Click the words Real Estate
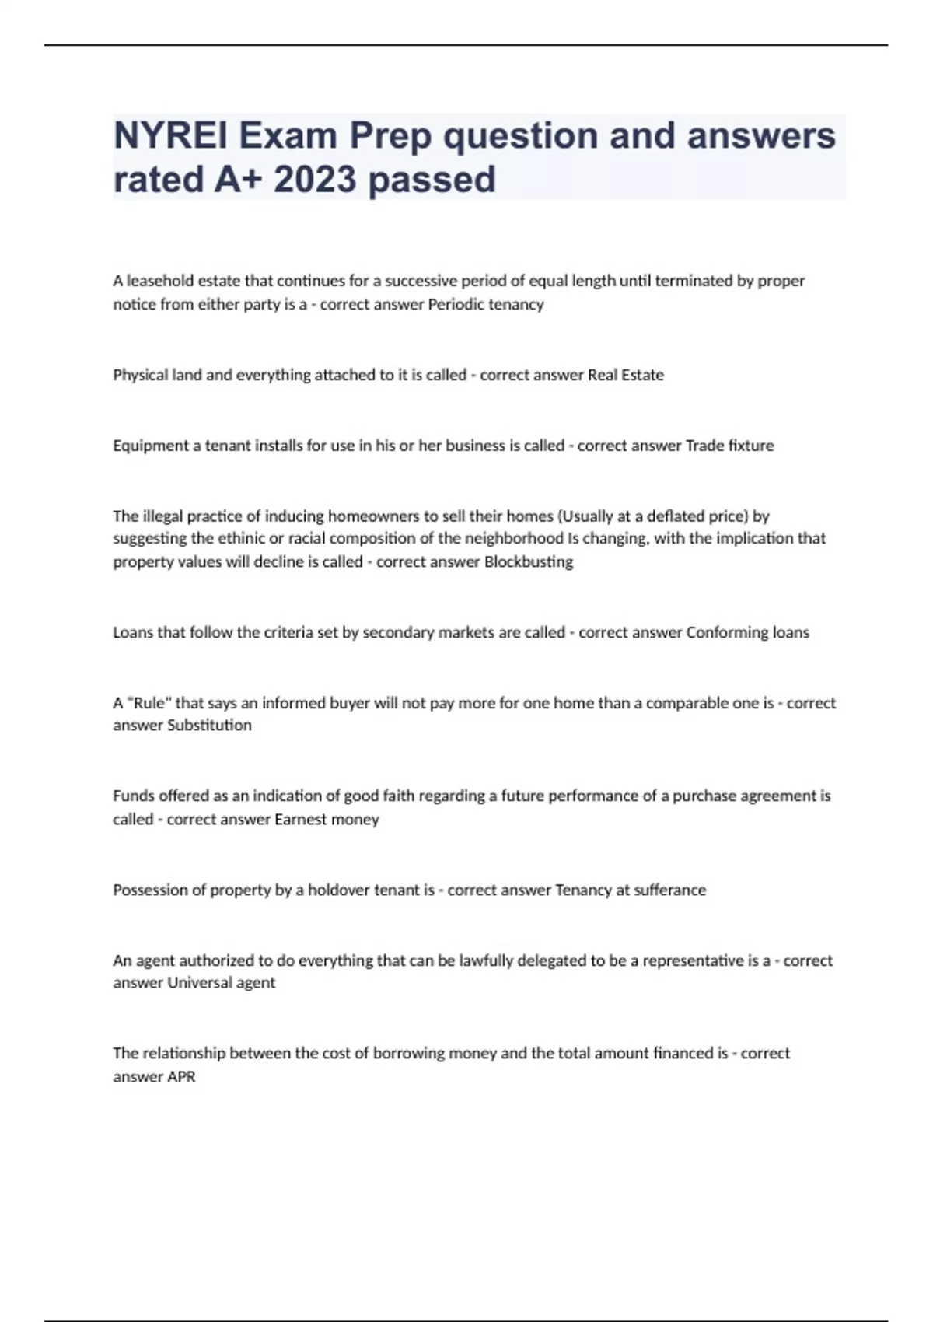[x=625, y=375]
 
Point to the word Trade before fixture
[x=704, y=446]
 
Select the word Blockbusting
[x=529, y=561]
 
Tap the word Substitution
[x=209, y=725]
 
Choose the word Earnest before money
[x=300, y=819]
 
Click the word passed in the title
[x=432, y=180]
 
